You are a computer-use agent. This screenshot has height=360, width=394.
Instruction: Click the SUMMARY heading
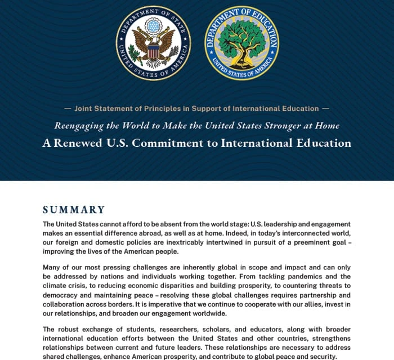[74, 210]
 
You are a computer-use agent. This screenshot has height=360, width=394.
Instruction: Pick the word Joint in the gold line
[85, 109]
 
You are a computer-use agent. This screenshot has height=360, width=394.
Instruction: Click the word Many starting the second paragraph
[52, 267]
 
